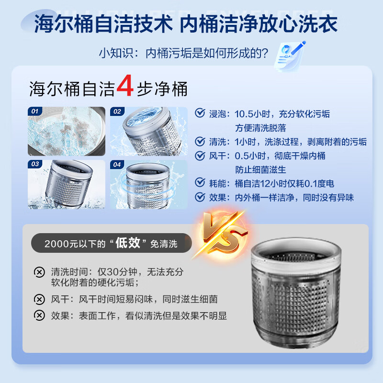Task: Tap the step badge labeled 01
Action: pyautogui.click(x=34, y=112)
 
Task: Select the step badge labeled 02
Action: pyautogui.click(x=117, y=112)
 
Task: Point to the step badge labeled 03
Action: pyautogui.click(x=34, y=164)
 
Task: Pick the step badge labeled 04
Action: pyautogui.click(x=117, y=164)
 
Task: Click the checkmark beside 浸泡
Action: pyautogui.click(x=200, y=113)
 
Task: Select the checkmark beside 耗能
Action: pyautogui.click(x=200, y=183)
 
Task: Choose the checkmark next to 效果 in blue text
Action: pyautogui.click(x=200, y=197)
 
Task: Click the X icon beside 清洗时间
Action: pyautogui.click(x=39, y=272)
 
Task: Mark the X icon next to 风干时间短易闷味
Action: pyautogui.click(x=39, y=299)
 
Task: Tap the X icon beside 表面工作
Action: pyautogui.click(x=39, y=315)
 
